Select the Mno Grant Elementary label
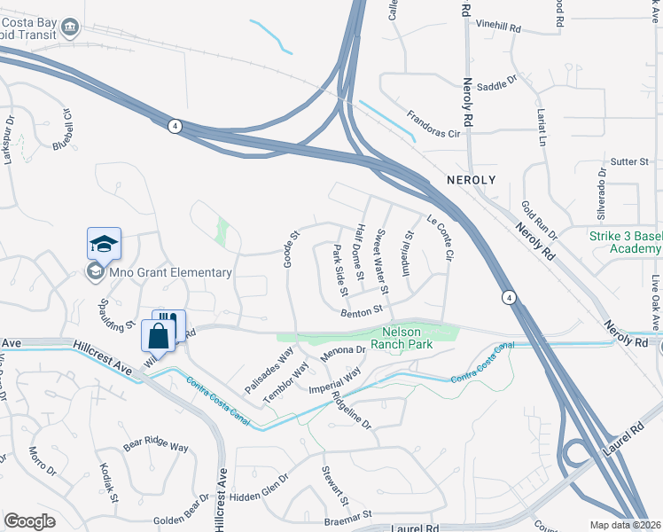pos(170,273)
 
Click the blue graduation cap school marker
pos(104,244)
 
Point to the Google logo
pos(29,521)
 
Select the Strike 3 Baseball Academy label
pos(626,242)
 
